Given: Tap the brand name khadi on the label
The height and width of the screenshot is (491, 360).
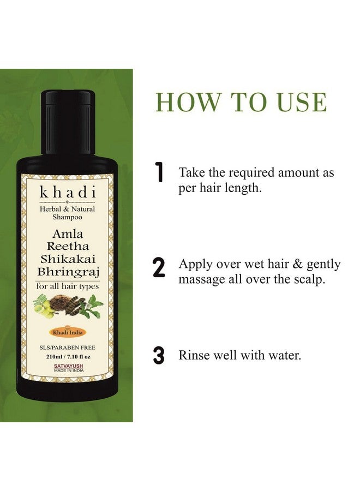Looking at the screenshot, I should [x=68, y=193].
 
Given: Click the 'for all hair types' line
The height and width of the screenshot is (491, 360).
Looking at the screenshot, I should [x=68, y=284].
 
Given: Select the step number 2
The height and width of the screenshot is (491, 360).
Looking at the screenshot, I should [x=159, y=268].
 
